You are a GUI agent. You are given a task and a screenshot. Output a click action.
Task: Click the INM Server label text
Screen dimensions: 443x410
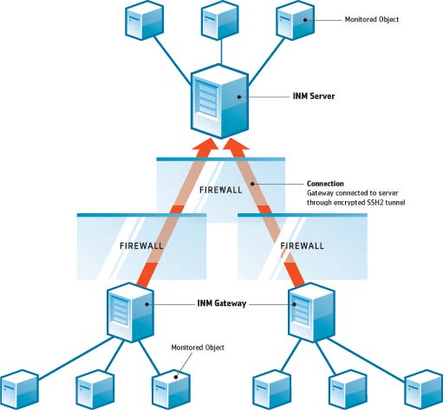pos(314,96)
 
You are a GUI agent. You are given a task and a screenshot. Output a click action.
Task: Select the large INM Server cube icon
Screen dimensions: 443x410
pos(219,101)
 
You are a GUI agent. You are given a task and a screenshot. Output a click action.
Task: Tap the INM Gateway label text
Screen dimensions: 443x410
pos(222,303)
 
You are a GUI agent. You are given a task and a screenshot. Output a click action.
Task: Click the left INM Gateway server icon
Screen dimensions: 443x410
pos(130,312)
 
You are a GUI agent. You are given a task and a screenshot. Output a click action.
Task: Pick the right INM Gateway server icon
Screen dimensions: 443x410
pos(312,312)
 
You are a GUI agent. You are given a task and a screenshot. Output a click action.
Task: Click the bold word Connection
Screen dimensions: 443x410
pos(325,184)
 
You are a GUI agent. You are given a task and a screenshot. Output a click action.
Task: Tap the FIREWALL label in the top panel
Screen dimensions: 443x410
pos(221,190)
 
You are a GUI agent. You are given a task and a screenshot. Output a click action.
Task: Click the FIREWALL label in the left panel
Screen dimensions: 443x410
pos(141,246)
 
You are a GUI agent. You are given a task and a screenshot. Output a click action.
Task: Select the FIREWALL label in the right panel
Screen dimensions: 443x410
pos(303,246)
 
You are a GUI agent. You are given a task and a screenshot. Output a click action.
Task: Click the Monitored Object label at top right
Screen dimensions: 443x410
pos(372,19)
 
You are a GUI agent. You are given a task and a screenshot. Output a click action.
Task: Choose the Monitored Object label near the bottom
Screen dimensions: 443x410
pos(198,348)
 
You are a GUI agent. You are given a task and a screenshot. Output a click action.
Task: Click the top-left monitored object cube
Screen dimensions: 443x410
pos(145,20)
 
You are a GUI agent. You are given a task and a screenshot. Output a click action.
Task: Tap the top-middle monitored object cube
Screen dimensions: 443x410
pos(220,20)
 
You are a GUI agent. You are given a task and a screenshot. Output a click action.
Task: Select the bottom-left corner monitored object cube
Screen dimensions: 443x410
pos(19,389)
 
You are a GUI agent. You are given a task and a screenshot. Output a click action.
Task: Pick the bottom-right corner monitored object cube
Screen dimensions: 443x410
pos(424,389)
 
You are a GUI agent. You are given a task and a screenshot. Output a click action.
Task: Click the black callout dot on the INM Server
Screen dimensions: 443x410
pos(239,97)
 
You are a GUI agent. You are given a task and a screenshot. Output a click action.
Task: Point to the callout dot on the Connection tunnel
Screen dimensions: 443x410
pos(252,184)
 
